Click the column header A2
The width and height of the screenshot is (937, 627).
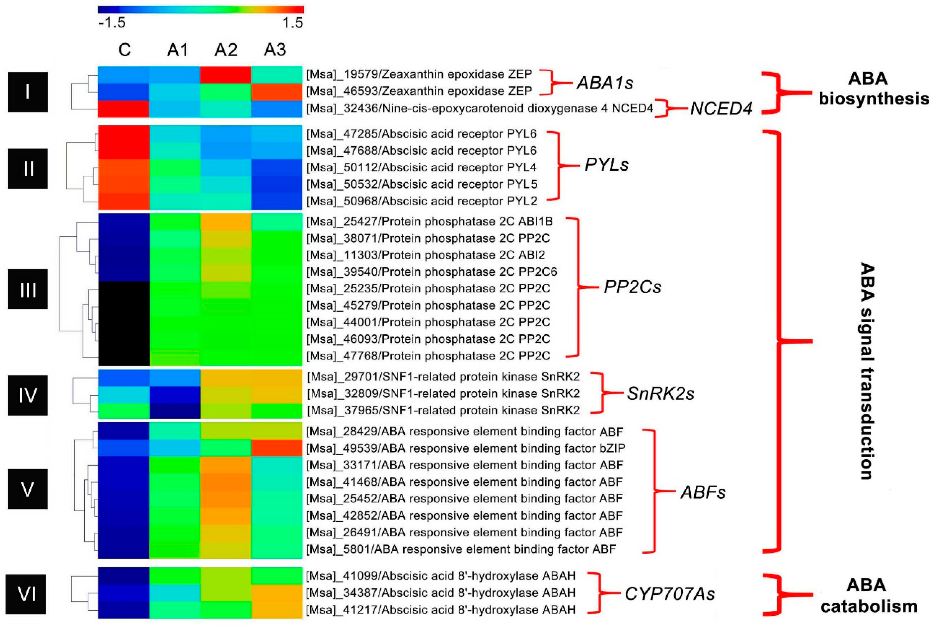point(226,50)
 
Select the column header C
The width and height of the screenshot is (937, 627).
point(124,50)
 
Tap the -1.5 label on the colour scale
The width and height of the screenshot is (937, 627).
point(112,23)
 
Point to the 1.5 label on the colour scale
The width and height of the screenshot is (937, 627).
point(292,23)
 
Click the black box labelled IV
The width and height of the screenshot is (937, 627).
point(27,395)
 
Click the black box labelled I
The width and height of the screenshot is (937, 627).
point(27,92)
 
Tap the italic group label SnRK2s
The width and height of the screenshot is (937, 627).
point(661,394)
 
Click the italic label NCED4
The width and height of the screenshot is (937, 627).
point(721,108)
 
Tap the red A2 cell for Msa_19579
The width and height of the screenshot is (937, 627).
point(226,75)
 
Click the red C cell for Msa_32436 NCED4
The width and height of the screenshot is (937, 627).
point(124,109)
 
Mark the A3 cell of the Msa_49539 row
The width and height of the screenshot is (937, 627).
point(277,448)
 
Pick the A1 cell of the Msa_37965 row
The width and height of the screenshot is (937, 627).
point(175,410)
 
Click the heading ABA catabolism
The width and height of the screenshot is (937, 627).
point(869,596)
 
